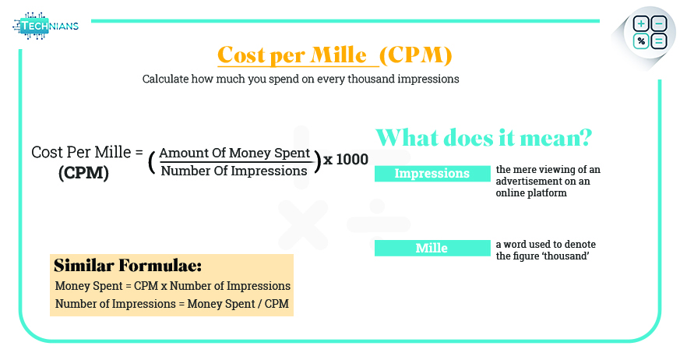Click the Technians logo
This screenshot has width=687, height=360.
(45, 26)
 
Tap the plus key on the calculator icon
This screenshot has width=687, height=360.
(641, 25)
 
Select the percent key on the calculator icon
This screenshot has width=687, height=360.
(641, 41)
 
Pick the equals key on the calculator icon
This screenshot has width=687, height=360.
(658, 41)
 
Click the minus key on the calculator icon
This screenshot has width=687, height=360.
(658, 25)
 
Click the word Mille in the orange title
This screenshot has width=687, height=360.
(337, 55)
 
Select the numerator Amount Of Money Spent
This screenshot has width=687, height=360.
(235, 153)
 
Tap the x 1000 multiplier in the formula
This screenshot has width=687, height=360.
(346, 160)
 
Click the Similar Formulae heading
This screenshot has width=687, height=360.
(128, 266)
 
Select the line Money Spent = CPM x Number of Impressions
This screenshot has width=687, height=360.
(172, 286)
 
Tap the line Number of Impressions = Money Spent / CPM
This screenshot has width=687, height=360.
(172, 303)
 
